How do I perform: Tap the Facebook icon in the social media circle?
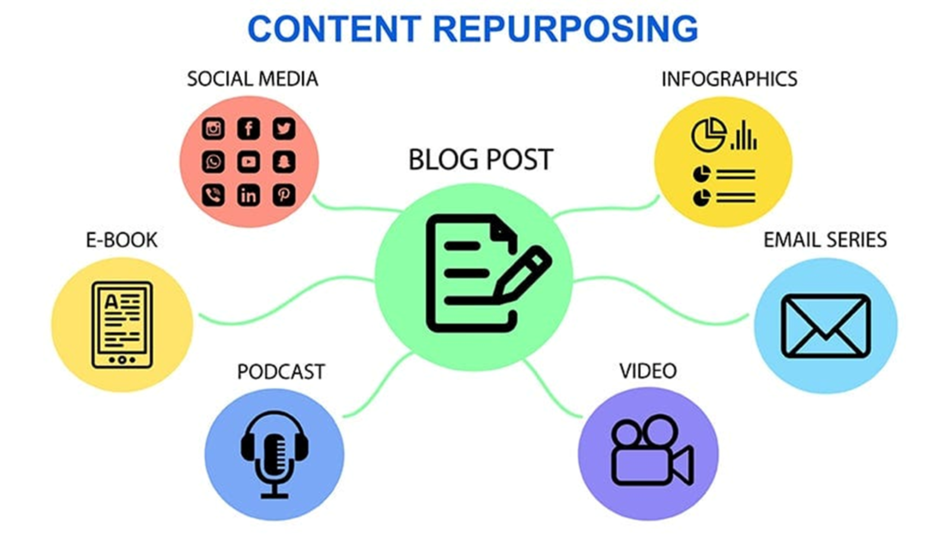click(249, 128)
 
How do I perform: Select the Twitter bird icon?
click(284, 128)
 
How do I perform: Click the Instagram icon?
click(213, 128)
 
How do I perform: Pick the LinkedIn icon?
click(249, 195)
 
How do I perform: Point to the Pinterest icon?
click(284, 195)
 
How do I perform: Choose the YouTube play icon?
click(249, 161)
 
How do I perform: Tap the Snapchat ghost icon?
click(284, 161)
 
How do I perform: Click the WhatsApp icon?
click(213, 161)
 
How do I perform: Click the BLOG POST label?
click(480, 160)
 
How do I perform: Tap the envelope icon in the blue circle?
click(826, 326)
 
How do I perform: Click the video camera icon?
click(651, 451)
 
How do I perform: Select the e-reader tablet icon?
click(122, 325)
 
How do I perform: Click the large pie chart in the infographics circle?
click(708, 134)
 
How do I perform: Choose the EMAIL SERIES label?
click(824, 240)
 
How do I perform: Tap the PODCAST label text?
click(281, 372)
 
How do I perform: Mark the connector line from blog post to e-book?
click(285, 300)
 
